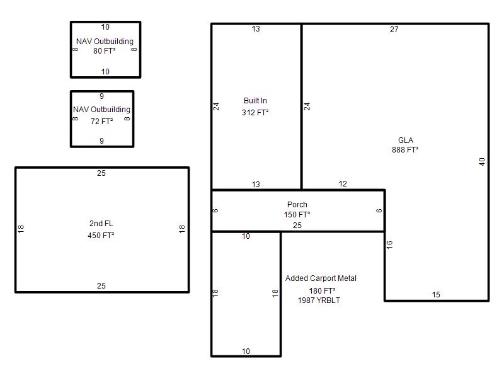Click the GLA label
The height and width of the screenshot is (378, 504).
(x=405, y=140)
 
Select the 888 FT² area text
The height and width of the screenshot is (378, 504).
(x=405, y=150)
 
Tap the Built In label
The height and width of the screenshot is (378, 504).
(x=255, y=101)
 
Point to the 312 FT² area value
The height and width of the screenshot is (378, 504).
(x=255, y=113)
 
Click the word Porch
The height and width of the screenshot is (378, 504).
(x=297, y=204)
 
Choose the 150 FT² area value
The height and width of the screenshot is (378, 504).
(x=297, y=214)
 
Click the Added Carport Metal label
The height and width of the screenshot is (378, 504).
(x=321, y=278)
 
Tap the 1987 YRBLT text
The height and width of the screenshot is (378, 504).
(x=319, y=301)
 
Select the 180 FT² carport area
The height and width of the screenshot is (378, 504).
(x=322, y=291)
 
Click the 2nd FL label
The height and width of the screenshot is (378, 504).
(x=101, y=224)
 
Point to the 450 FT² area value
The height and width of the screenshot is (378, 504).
(x=101, y=235)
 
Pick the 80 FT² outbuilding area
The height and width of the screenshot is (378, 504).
(x=104, y=51)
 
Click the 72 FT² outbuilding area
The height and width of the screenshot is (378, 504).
(x=101, y=122)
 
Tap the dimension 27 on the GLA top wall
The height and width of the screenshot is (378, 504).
(x=394, y=30)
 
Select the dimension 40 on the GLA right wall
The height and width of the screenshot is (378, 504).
(x=482, y=162)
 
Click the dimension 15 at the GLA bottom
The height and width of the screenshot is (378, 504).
(x=436, y=295)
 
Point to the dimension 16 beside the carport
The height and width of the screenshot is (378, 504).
(x=389, y=245)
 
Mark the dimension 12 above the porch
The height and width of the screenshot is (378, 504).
(x=343, y=184)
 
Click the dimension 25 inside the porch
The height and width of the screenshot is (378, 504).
(x=297, y=226)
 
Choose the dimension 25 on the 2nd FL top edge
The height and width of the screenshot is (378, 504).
(x=101, y=173)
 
